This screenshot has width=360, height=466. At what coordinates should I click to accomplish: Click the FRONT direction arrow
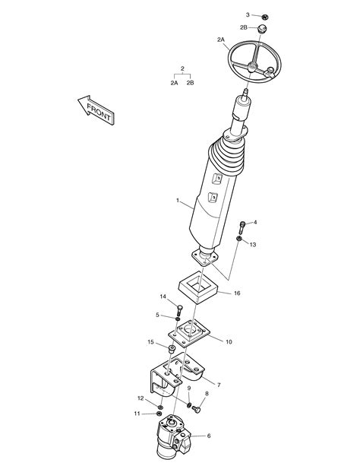[96, 109]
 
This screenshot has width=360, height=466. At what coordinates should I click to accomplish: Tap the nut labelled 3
[266, 17]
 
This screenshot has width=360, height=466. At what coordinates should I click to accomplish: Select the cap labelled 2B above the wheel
[262, 30]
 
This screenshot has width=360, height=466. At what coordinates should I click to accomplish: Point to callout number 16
[237, 293]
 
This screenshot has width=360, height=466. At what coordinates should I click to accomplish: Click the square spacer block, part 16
[198, 287]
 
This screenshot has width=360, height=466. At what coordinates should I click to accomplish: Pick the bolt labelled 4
[242, 227]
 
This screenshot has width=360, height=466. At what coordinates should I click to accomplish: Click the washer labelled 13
[238, 239]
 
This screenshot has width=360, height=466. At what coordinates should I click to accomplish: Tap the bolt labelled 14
[180, 311]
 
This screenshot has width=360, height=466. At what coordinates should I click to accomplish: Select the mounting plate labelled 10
[189, 333]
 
